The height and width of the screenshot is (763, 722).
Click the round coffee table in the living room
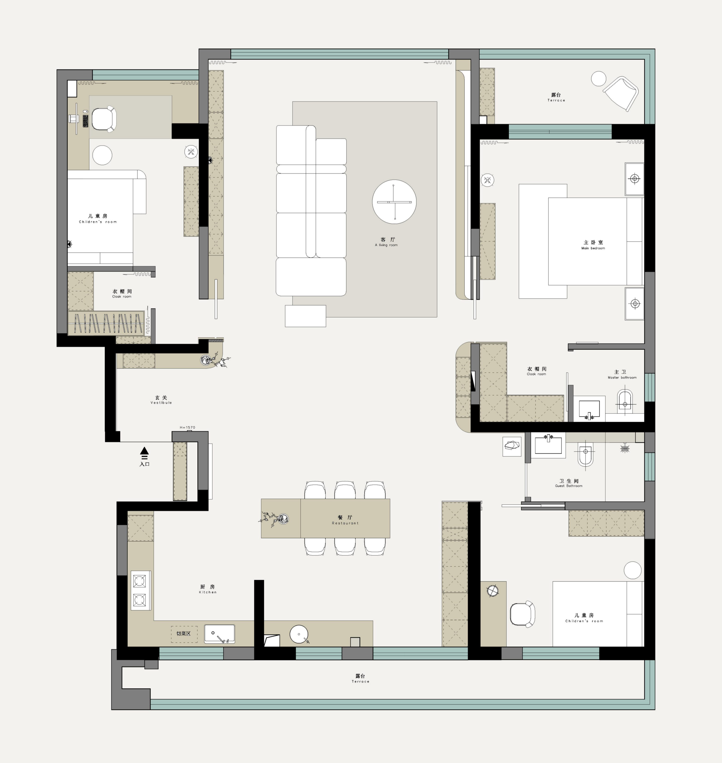click(x=394, y=201)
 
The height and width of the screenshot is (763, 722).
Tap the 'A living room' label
click(x=386, y=245)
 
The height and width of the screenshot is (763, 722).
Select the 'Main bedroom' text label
click(x=593, y=248)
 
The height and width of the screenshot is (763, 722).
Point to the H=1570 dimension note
click(x=187, y=428)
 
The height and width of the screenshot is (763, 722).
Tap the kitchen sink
click(x=219, y=634)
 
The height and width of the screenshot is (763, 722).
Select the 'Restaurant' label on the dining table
click(x=345, y=523)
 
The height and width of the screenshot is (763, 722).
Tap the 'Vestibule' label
click(x=161, y=403)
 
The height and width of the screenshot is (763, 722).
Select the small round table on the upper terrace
click(x=598, y=79)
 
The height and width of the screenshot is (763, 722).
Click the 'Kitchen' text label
click(x=208, y=592)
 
